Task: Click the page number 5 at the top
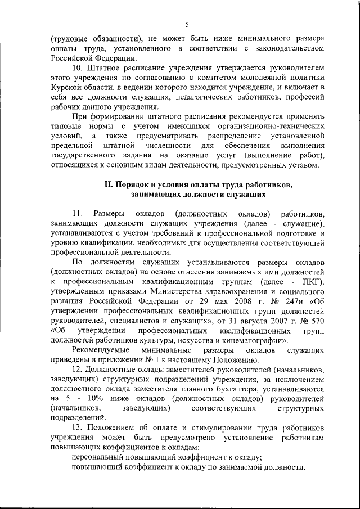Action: click(187, 24)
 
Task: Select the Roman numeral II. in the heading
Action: click(109, 184)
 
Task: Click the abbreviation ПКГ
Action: click(308, 281)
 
